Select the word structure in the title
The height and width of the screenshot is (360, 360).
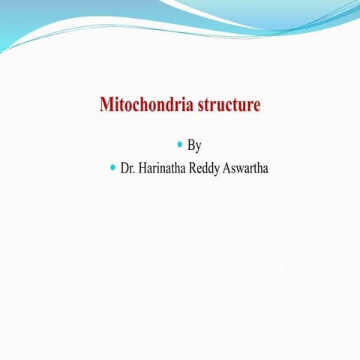pyautogui.click(x=227, y=105)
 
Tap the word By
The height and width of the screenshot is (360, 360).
pyautogui.click(x=194, y=145)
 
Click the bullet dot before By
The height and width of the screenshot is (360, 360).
pyautogui.click(x=179, y=143)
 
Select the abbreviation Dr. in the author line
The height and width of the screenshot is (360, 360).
pyautogui.click(x=127, y=168)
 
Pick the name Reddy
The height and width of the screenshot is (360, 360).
pyautogui.click(x=207, y=168)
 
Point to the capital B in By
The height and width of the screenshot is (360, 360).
pyautogui.click(x=190, y=145)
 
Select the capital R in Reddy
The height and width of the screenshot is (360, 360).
pyautogui.click(x=196, y=168)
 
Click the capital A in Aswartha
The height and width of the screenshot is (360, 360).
pyautogui.click(x=228, y=168)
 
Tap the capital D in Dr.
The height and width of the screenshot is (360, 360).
pyautogui.click(x=124, y=168)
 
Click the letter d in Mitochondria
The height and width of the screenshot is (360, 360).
pyautogui.click(x=165, y=105)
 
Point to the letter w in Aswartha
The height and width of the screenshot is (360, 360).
pyautogui.click(x=242, y=169)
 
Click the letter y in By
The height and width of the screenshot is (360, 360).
pyautogui.click(x=198, y=146)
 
